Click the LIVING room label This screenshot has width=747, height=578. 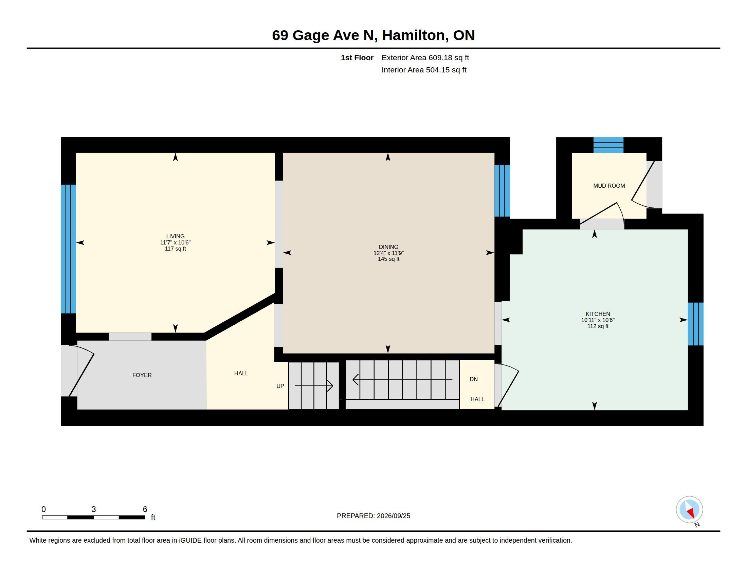[175, 236]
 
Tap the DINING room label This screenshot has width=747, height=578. [388, 247]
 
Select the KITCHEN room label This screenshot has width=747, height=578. [598, 314]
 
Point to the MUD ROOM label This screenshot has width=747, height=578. [609, 186]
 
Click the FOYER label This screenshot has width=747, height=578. [142, 375]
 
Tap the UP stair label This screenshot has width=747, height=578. [280, 386]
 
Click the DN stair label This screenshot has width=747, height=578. [473, 379]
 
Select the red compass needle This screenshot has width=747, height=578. [691, 513]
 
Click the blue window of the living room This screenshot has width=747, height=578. [68, 249]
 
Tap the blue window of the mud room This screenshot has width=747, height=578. [608, 145]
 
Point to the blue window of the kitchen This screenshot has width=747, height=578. [695, 324]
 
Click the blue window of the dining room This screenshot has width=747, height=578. [502, 191]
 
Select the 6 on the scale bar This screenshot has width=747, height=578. [145, 509]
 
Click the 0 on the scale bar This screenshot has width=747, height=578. [43, 509]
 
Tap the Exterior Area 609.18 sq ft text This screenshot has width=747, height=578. [425, 57]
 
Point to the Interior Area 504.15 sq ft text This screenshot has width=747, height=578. [424, 70]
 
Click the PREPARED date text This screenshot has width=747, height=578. [373, 516]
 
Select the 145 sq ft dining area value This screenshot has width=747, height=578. [388, 259]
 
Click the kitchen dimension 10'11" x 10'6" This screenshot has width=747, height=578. [598, 320]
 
